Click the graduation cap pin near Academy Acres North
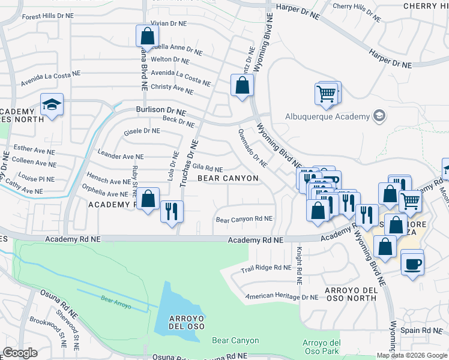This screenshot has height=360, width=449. (x=52, y=105)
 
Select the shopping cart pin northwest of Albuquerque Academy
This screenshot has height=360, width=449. (x=326, y=94)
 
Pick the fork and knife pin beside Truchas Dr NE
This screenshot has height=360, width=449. (x=172, y=212)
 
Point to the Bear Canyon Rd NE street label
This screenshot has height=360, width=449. (x=244, y=220)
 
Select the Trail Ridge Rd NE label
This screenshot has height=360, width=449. (x=265, y=268)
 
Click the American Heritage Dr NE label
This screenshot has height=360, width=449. (x=282, y=296)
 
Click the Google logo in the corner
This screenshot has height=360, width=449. (x=20, y=353)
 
